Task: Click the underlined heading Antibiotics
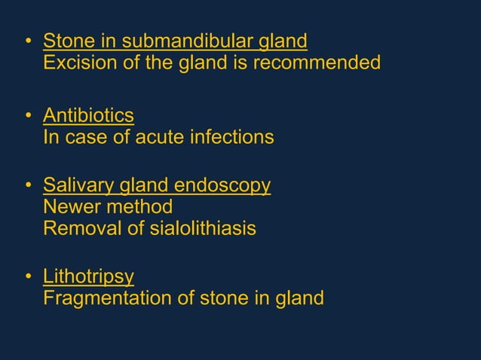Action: [88, 115]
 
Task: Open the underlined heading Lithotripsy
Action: [88, 276]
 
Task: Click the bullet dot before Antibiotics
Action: [28, 116]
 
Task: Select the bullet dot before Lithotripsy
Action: [28, 276]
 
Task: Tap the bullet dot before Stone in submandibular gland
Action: [28, 41]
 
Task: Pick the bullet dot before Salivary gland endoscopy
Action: [28, 185]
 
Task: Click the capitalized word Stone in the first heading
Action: [66, 40]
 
